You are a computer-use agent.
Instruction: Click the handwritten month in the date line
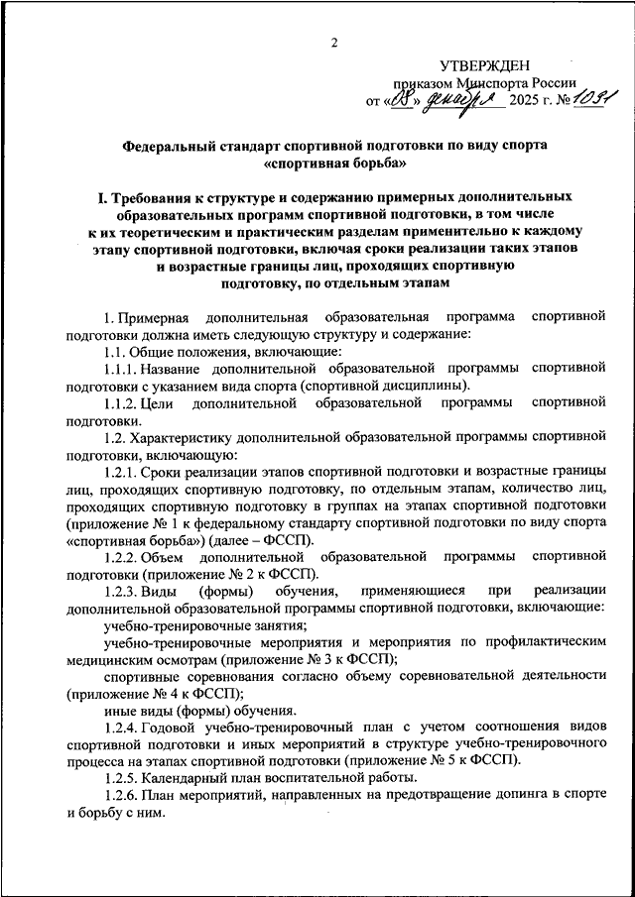point(464,100)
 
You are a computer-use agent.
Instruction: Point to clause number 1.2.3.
point(122,591)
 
